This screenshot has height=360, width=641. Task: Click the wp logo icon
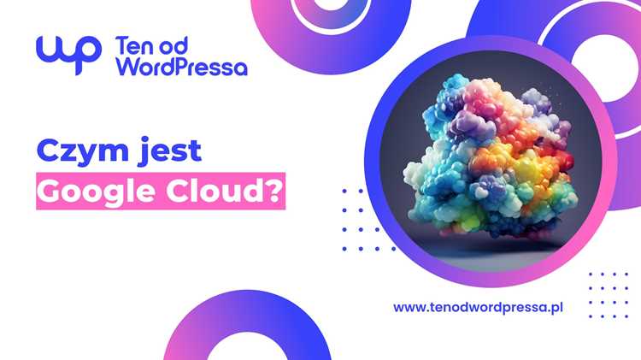[68, 53]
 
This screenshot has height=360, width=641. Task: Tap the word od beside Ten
[173, 45]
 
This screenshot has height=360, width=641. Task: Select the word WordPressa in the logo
[182, 67]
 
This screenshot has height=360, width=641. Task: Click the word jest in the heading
[170, 151]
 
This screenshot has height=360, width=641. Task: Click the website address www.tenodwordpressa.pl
[478, 308]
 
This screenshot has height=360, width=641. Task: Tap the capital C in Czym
[48, 150]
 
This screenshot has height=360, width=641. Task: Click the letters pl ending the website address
[556, 308]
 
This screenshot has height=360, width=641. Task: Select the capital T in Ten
[121, 46]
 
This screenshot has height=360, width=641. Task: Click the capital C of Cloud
[178, 192]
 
